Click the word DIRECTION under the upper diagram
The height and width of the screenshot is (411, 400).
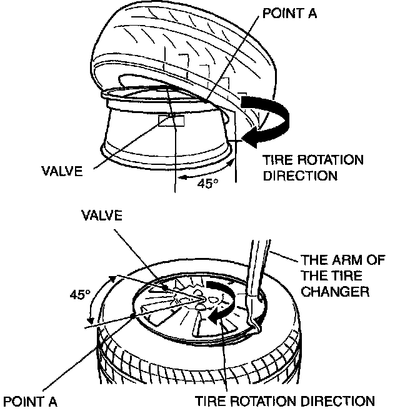point(300,176)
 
